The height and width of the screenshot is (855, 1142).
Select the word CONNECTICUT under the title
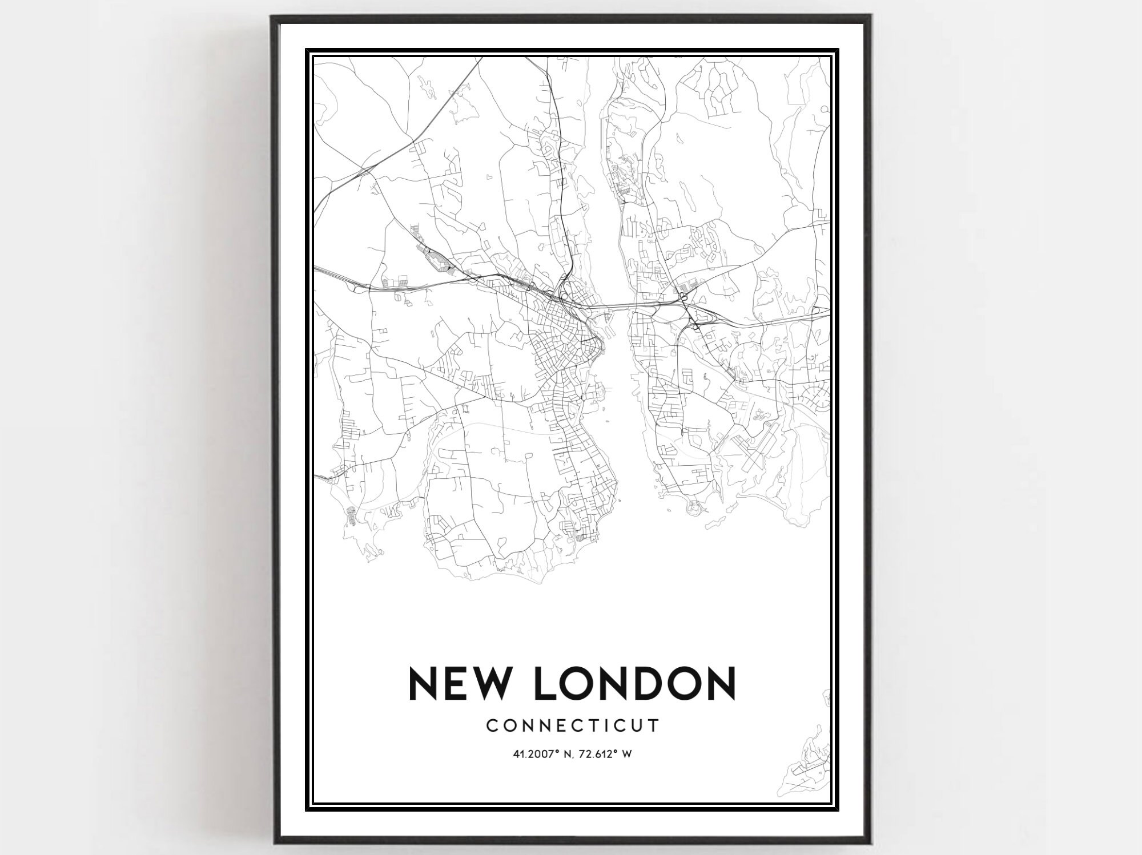tap(572, 725)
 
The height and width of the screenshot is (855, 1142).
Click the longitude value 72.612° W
tap(606, 754)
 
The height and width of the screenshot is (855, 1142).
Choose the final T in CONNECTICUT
tap(656, 725)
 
